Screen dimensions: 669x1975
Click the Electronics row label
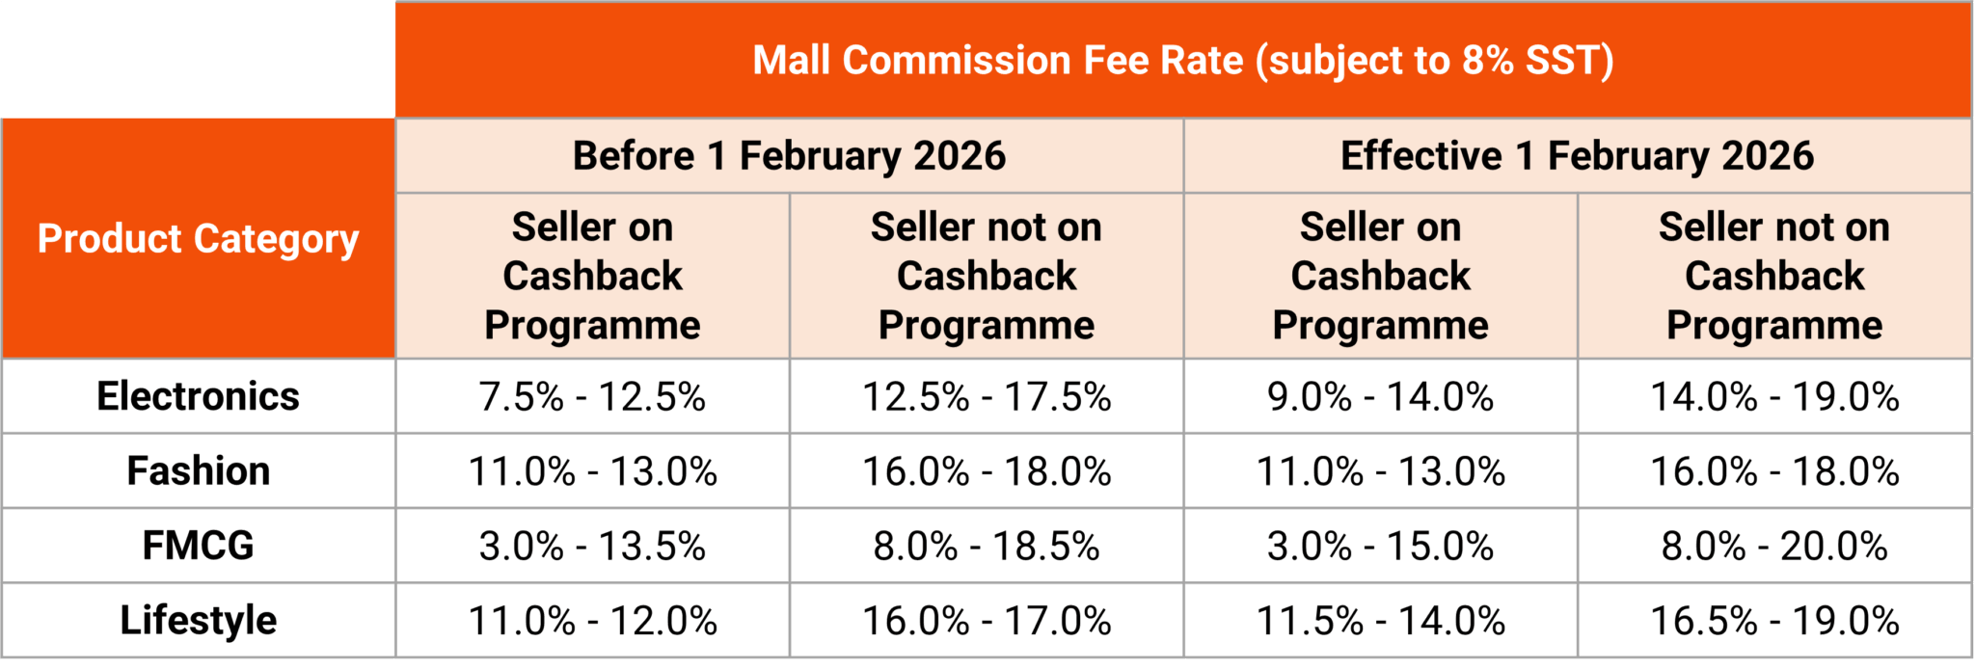tap(198, 396)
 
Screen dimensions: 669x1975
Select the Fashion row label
tap(198, 471)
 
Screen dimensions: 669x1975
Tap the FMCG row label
tap(198, 546)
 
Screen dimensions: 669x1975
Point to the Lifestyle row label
tap(198, 620)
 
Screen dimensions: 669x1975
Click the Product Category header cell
tap(198, 239)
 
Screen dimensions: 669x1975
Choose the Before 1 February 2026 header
tap(789, 156)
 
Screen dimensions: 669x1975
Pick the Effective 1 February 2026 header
tap(1577, 156)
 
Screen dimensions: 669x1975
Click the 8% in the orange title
tap(1487, 61)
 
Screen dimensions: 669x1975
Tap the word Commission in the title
tap(956, 61)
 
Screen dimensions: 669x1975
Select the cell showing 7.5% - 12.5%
tap(592, 397)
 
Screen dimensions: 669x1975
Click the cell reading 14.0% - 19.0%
tap(1774, 397)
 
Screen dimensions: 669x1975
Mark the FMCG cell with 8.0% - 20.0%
tap(1774, 547)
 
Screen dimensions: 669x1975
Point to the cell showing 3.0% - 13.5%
tap(592, 547)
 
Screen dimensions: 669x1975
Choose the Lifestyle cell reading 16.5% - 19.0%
tap(1774, 621)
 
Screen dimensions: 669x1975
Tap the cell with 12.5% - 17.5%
tap(987, 397)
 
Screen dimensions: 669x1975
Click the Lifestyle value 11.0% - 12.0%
tap(592, 621)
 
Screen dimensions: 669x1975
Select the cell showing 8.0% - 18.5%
tap(987, 547)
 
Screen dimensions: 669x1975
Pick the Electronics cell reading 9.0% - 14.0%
tap(1380, 397)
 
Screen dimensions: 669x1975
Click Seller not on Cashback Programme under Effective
tap(1774, 276)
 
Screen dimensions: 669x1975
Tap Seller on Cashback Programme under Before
tap(592, 276)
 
